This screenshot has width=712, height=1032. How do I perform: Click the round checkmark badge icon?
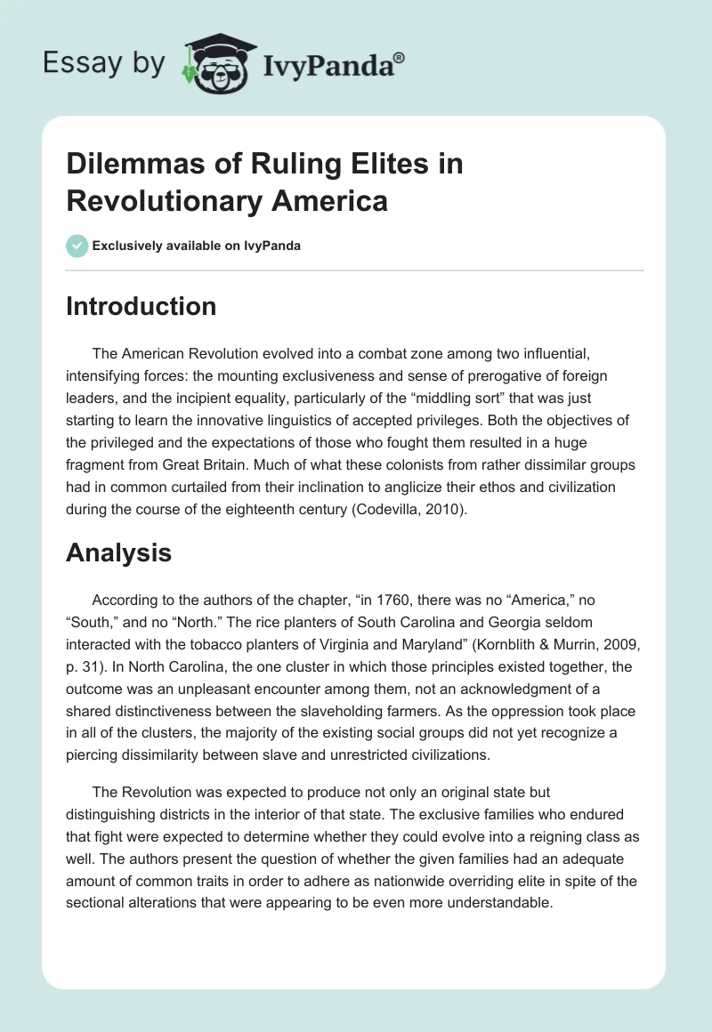77,246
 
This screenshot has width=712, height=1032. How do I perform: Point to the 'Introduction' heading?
142,306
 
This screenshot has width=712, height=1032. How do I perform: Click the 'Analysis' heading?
118,553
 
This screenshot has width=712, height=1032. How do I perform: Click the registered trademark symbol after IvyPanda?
400,56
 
